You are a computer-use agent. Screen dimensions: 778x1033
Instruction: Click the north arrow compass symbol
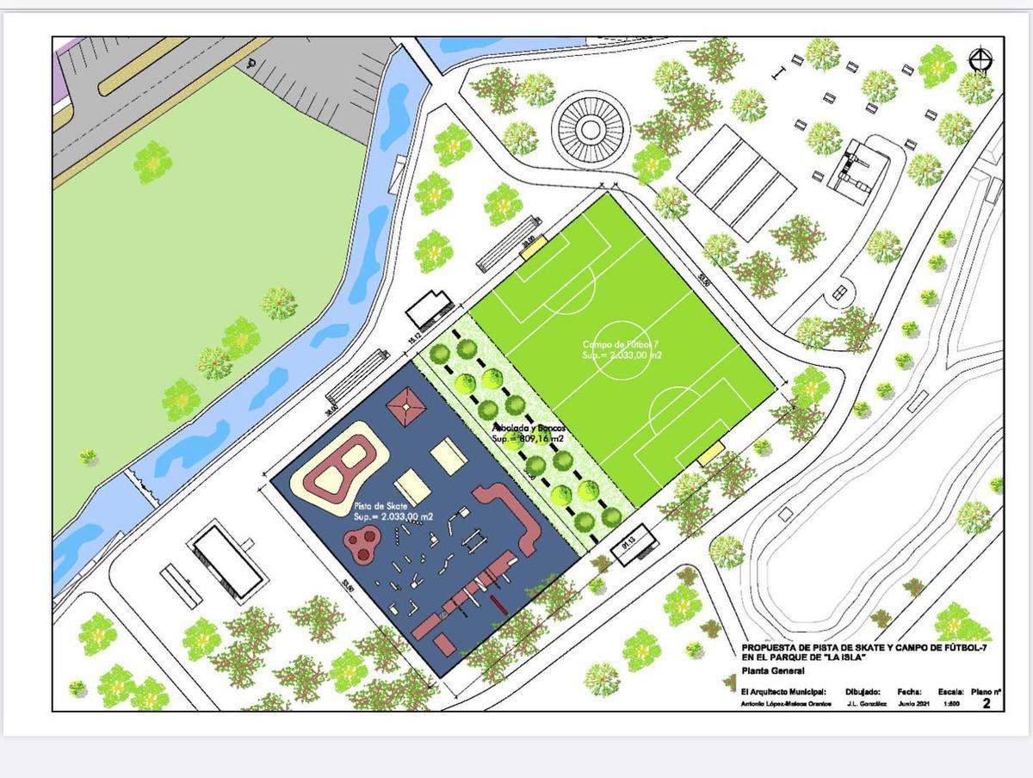point(980,60)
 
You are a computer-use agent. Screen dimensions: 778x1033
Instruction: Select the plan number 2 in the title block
point(987,704)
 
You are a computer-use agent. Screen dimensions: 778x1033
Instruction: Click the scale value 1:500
point(951,704)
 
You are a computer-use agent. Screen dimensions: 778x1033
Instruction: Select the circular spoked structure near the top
point(590,129)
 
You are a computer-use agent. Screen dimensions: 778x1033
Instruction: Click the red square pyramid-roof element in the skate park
point(406,404)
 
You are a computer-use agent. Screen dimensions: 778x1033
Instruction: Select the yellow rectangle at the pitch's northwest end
point(532,247)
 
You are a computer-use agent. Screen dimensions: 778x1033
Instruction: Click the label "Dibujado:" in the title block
point(863,691)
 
